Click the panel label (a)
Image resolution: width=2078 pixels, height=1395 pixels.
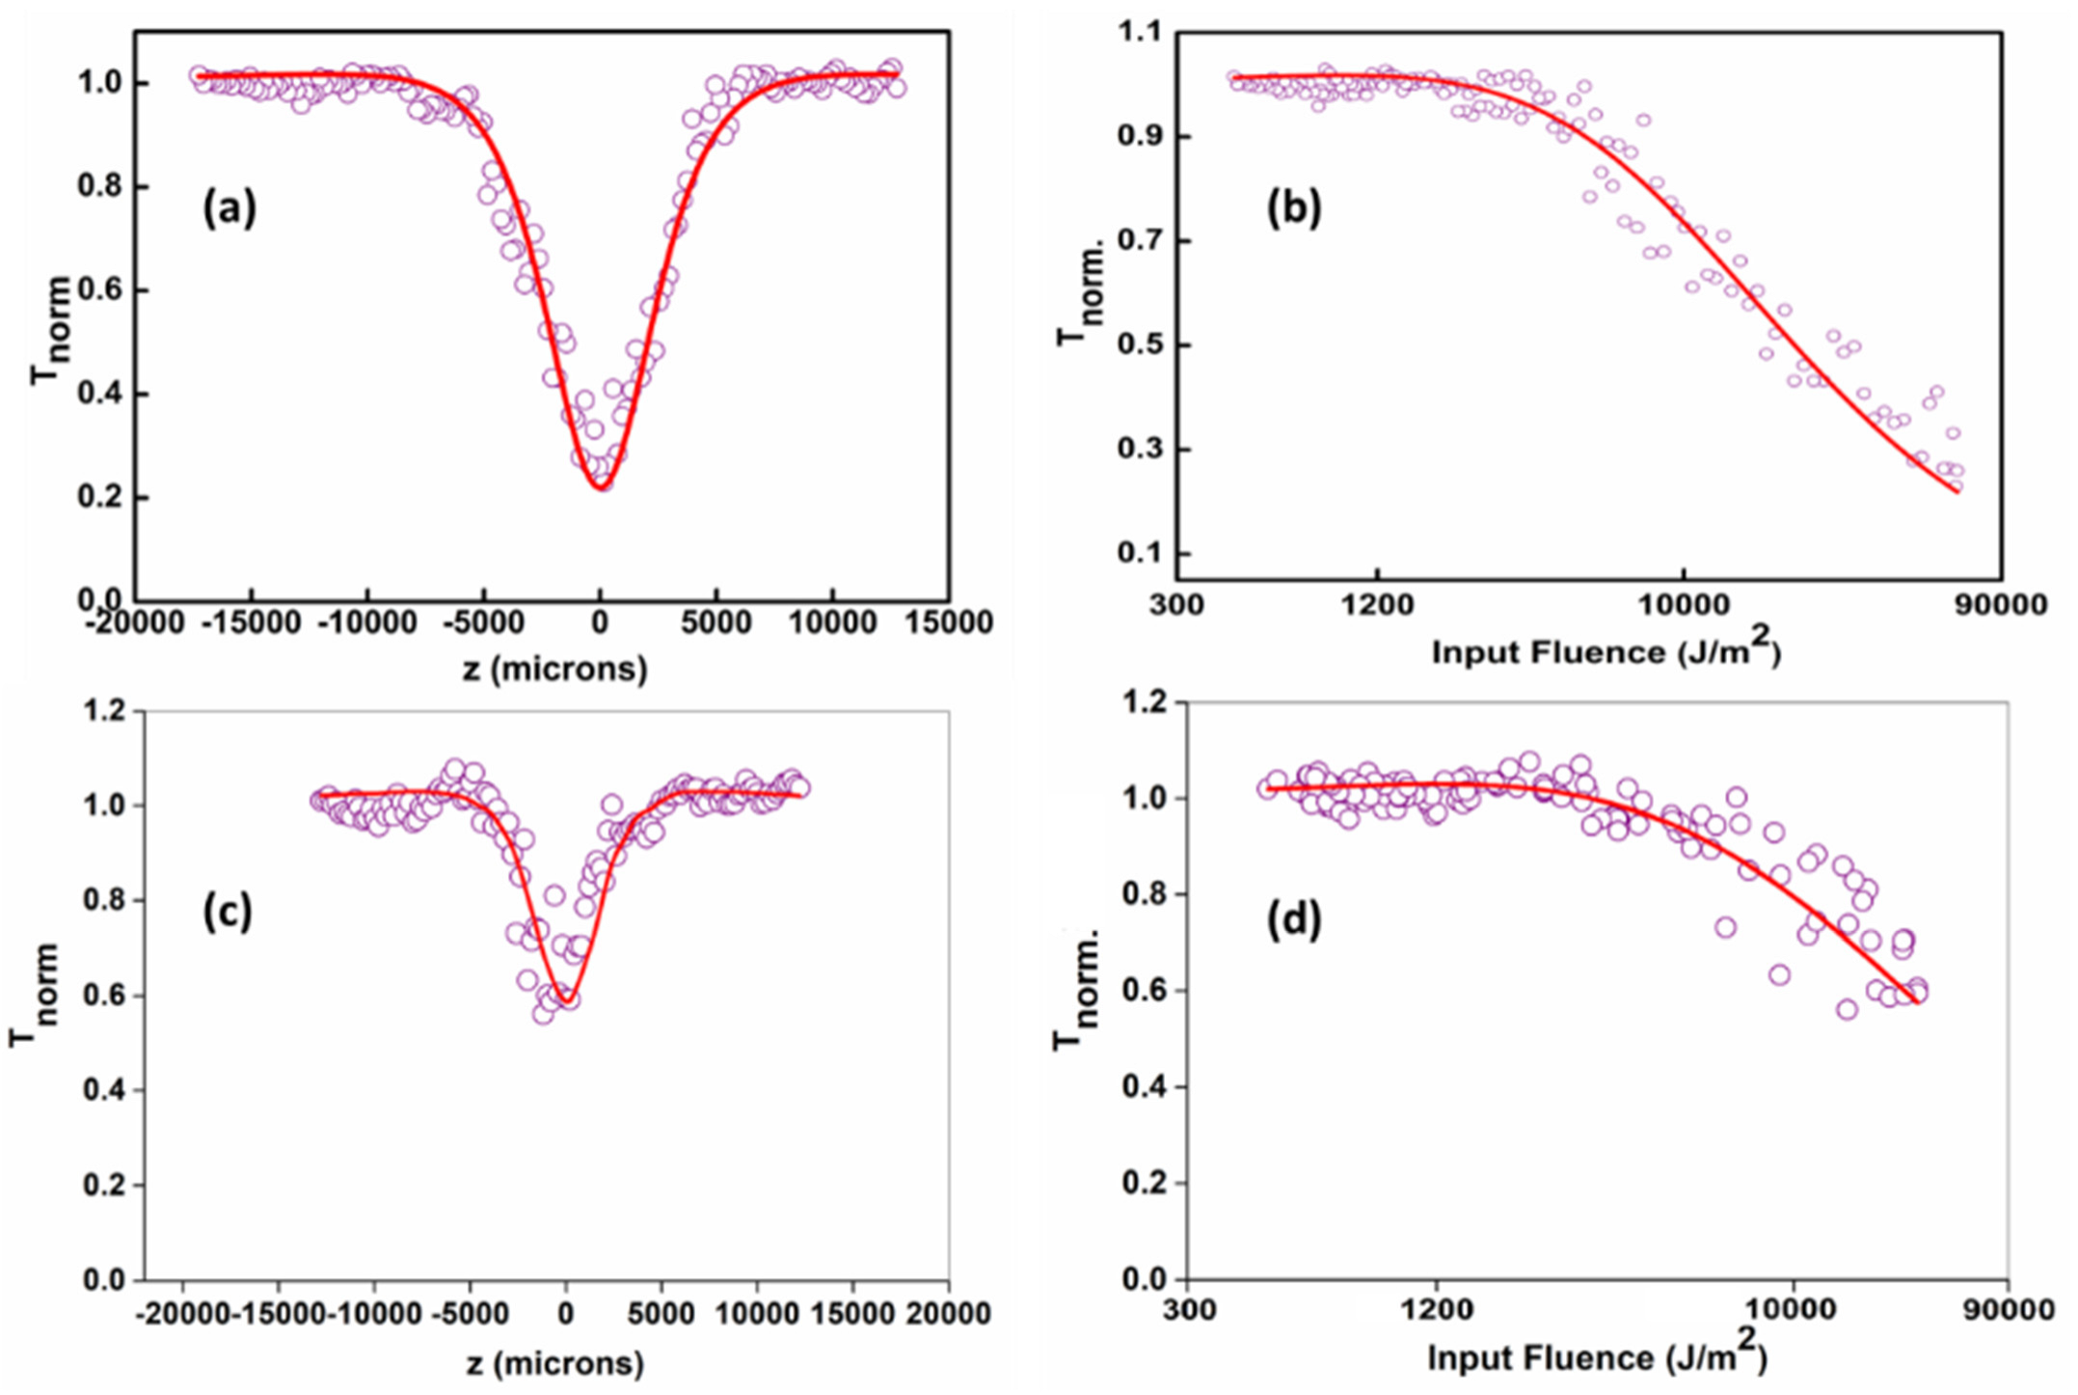click(x=229, y=209)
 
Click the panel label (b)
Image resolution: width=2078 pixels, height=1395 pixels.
click(x=1293, y=209)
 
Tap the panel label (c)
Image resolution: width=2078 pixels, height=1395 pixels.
click(x=227, y=912)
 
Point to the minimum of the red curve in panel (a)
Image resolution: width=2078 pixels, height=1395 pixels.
click(x=600, y=487)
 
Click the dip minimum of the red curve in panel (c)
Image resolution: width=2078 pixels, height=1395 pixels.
click(x=568, y=1000)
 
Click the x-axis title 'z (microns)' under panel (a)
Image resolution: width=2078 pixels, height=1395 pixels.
click(x=554, y=668)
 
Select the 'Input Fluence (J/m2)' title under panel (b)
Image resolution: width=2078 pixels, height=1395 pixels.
click(x=1606, y=652)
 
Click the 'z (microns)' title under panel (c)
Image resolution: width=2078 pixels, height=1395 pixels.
click(x=554, y=1363)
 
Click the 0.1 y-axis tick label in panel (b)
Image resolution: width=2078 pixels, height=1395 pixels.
click(x=1138, y=555)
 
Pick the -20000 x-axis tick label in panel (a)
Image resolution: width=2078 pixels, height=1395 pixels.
click(x=135, y=623)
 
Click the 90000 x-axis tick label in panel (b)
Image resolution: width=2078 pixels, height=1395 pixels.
click(x=2000, y=606)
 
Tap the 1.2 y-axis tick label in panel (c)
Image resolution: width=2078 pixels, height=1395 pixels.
click(x=104, y=711)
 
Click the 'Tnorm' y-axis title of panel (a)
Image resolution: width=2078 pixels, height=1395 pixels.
click(x=49, y=330)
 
